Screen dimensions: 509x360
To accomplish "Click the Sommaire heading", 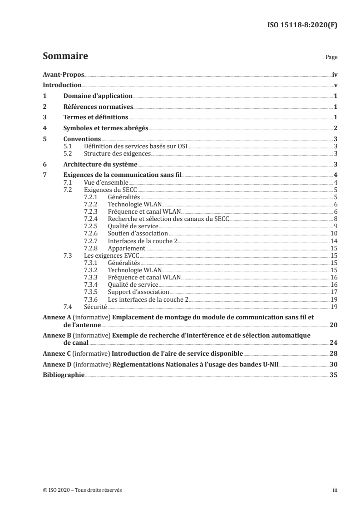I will click(65, 57).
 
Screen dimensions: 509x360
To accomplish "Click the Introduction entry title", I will click(62, 85).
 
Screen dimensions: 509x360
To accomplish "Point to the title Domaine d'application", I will click(98, 96).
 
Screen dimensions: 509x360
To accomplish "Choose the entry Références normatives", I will click(98, 107).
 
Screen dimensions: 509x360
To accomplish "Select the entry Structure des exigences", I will click(111, 154).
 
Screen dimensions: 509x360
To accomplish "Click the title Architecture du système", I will click(100, 164).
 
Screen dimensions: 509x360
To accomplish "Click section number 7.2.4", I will click(92, 219).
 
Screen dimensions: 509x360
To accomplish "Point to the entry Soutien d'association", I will click(138, 233).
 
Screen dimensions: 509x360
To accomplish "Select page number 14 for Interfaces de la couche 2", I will click(333, 240).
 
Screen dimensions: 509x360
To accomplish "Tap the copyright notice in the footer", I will click(82, 490).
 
